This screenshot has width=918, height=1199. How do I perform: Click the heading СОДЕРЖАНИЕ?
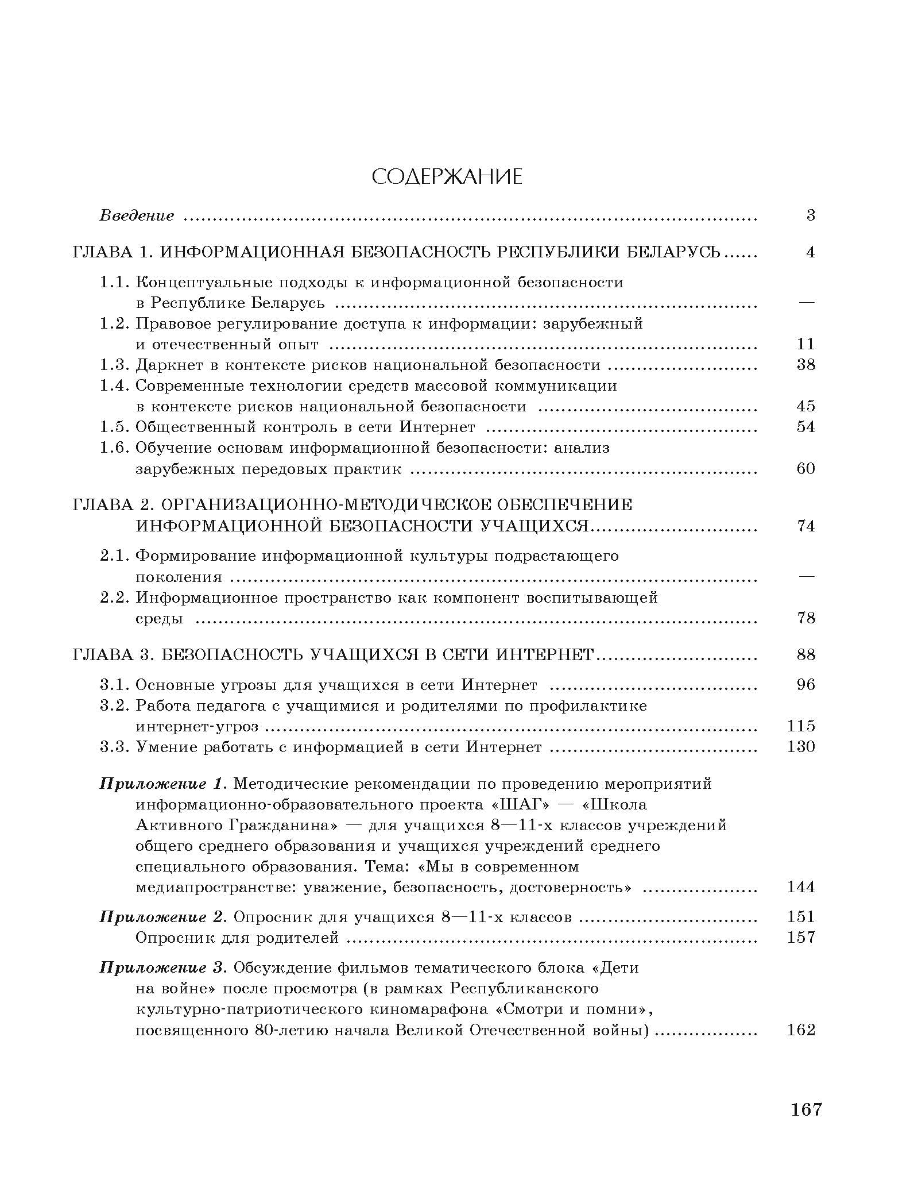tap(447, 178)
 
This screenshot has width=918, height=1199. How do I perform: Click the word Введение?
tap(137, 216)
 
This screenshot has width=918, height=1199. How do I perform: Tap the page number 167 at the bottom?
tap(807, 1125)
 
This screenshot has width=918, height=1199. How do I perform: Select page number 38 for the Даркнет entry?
tap(806, 365)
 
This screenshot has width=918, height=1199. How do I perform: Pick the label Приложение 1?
tap(164, 784)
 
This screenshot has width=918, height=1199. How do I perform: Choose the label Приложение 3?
tap(164, 967)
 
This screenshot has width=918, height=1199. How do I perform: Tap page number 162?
tap(801, 1030)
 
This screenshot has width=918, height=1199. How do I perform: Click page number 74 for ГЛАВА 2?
tap(806, 526)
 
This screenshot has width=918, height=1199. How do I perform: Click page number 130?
tap(801, 747)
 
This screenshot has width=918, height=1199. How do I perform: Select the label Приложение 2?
tap(164, 917)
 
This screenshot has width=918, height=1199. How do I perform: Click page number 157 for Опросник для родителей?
tap(801, 938)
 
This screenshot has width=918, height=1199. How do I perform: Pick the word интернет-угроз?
tap(197, 727)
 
